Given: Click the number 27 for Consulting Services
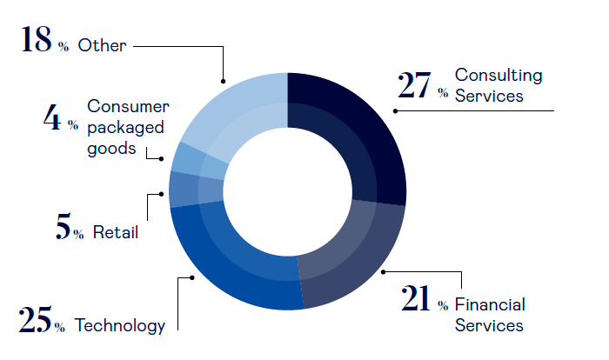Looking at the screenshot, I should coord(414,85).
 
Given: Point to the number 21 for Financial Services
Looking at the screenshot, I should coord(417,299).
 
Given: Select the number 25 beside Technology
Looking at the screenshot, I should coord(34,321).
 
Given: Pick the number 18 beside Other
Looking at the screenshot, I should coord(35,41).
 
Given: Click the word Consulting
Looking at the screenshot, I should coord(499,76).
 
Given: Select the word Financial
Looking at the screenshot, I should coord(490,304).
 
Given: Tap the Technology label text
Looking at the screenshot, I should coord(120,326).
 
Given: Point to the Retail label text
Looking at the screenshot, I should coord(115,232).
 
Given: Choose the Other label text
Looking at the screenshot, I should coord(102,45).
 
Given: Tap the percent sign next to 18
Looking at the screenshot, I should coord(64,48).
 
